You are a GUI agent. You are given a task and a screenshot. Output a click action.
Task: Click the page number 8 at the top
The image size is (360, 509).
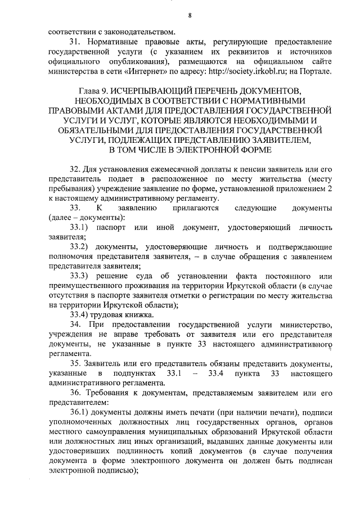tap(190, 16)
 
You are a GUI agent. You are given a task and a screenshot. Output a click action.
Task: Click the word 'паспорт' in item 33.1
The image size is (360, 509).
tap(111, 228)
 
